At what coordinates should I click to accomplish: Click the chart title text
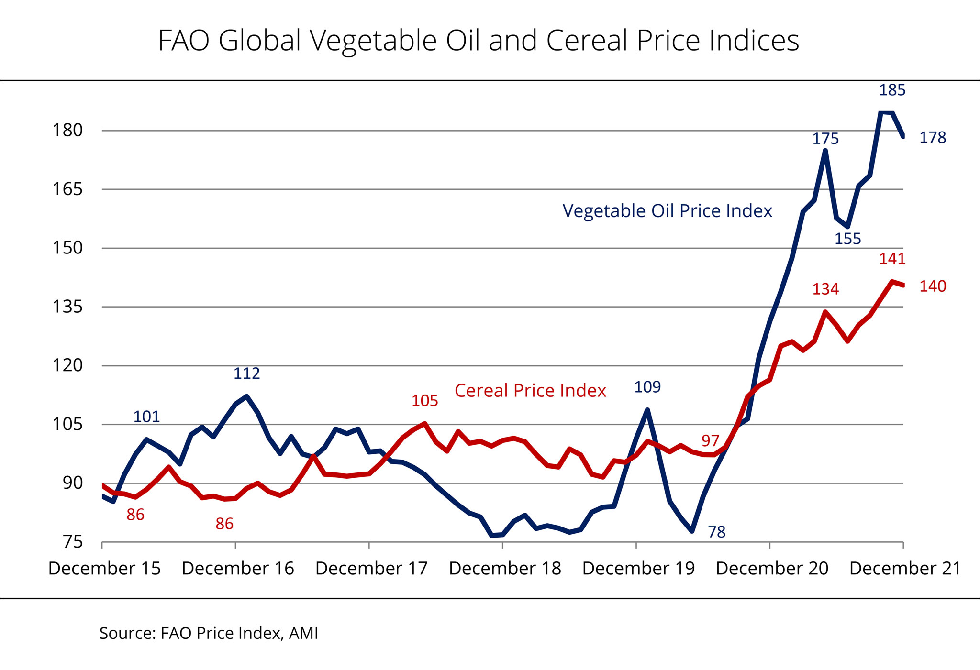coord(479,41)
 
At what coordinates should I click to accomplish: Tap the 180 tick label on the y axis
coord(67,130)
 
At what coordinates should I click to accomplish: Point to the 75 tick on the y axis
coord(72,542)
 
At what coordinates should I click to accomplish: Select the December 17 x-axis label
coord(371,568)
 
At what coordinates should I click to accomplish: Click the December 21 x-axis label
coord(905,568)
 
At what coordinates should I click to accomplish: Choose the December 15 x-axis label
coord(104,568)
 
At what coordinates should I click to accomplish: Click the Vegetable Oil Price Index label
coord(667,211)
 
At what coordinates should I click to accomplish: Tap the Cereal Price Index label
coord(530,391)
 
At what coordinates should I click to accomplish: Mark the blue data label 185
coord(892,90)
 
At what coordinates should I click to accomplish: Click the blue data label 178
coord(933,138)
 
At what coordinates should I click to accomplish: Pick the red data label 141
coord(892,259)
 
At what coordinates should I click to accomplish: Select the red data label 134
coord(825,289)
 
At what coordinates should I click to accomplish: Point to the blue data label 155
coord(847,239)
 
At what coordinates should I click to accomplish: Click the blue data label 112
coord(246,373)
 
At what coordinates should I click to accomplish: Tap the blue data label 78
coord(716,532)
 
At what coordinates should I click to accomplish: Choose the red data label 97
coord(710,440)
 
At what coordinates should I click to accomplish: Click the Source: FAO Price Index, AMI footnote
coord(209,633)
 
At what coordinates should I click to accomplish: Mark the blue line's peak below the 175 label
coord(825,151)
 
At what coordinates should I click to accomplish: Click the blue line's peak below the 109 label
coord(647,410)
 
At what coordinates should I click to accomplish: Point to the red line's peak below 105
coord(424,423)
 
